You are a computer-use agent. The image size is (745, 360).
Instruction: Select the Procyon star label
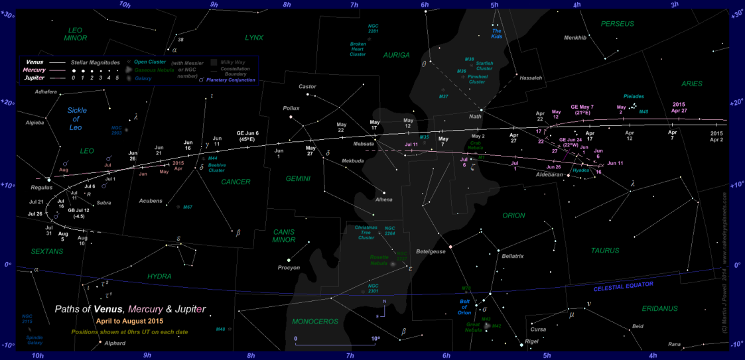[x=289, y=268]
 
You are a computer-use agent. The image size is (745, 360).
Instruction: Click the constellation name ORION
[x=513, y=215]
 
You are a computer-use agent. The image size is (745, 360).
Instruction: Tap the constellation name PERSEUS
[x=618, y=24]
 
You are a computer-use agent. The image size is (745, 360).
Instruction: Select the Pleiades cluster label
[x=634, y=97]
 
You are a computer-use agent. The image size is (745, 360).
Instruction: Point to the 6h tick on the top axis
[x=425, y=5]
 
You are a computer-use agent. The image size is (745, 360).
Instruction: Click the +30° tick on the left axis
[x=7, y=15]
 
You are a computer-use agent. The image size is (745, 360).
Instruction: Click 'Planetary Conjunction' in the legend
[x=231, y=80]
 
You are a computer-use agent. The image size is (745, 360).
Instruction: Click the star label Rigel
[x=532, y=341]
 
